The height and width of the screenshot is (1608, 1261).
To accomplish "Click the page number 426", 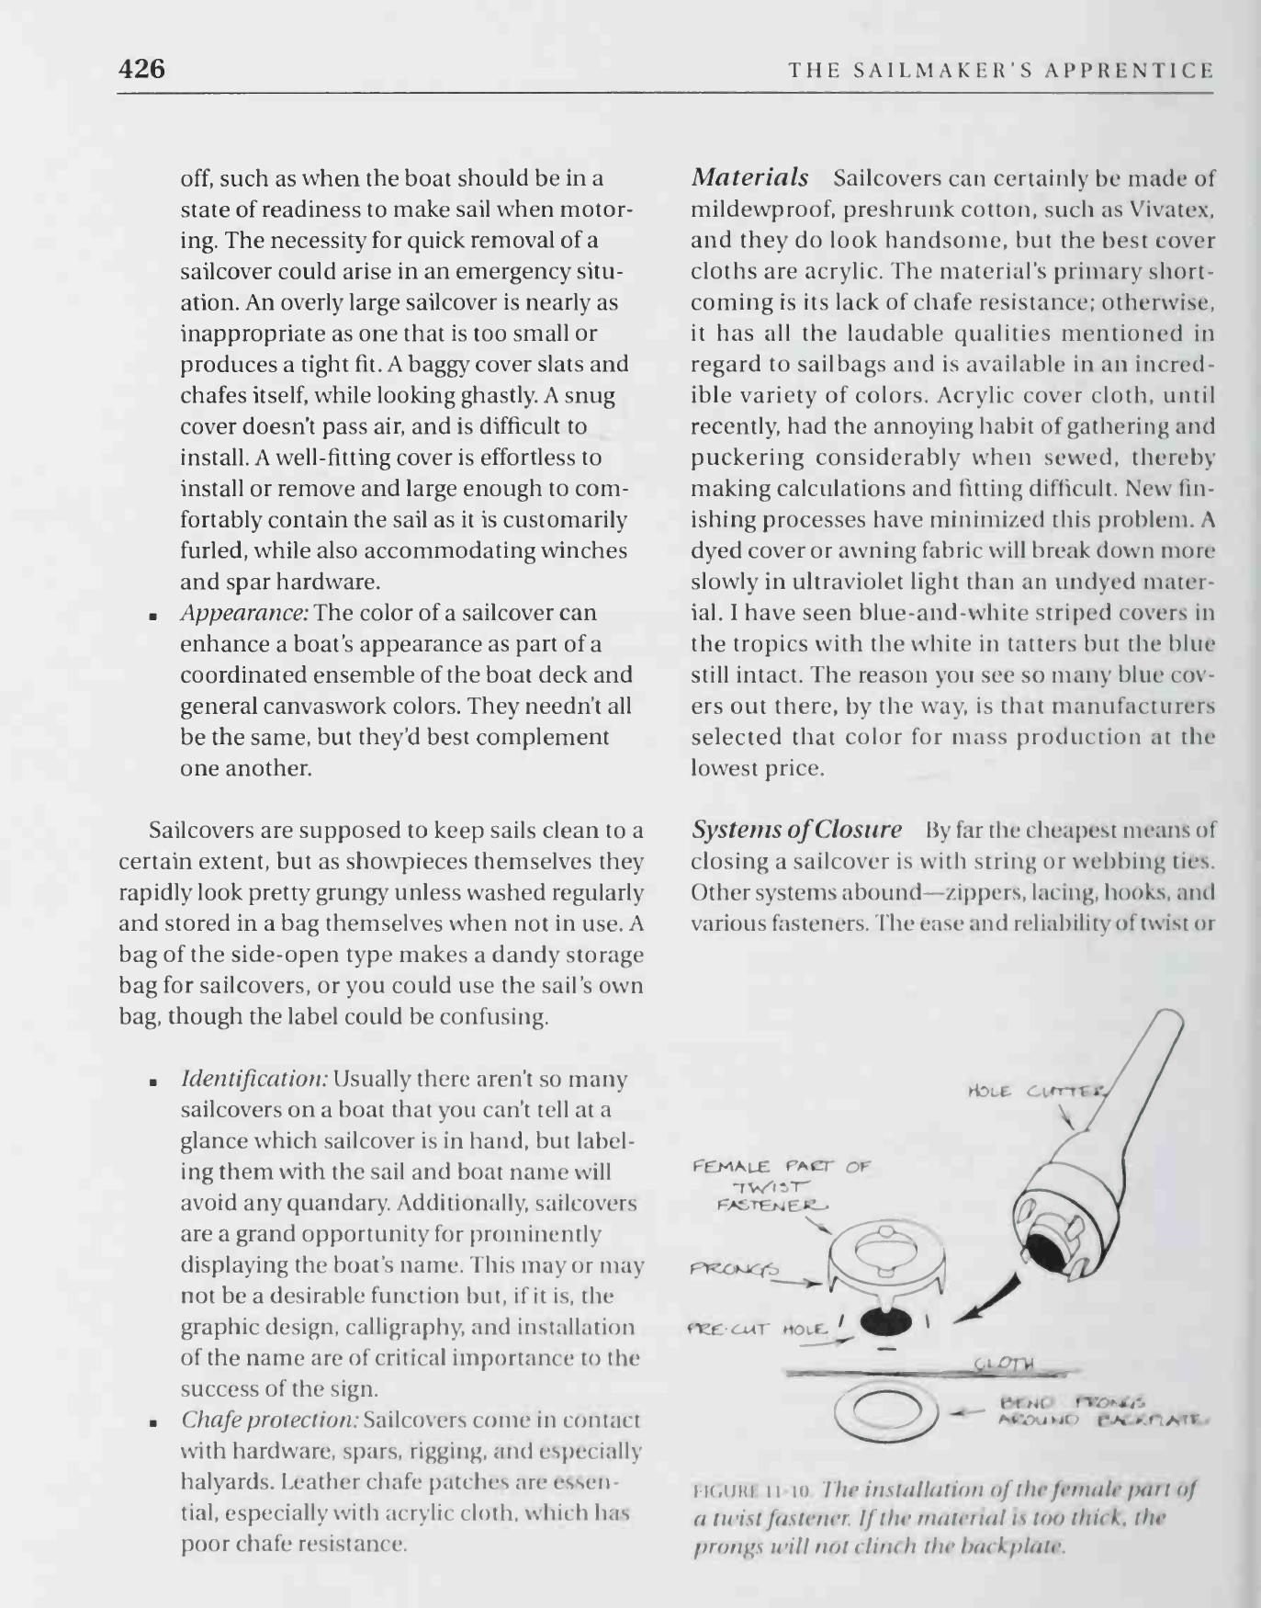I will (141, 69).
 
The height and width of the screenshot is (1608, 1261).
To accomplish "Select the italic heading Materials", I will (749, 176).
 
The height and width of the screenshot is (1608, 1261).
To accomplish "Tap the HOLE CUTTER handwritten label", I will (1038, 1092).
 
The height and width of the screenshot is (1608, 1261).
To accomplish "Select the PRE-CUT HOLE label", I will (758, 1330).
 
